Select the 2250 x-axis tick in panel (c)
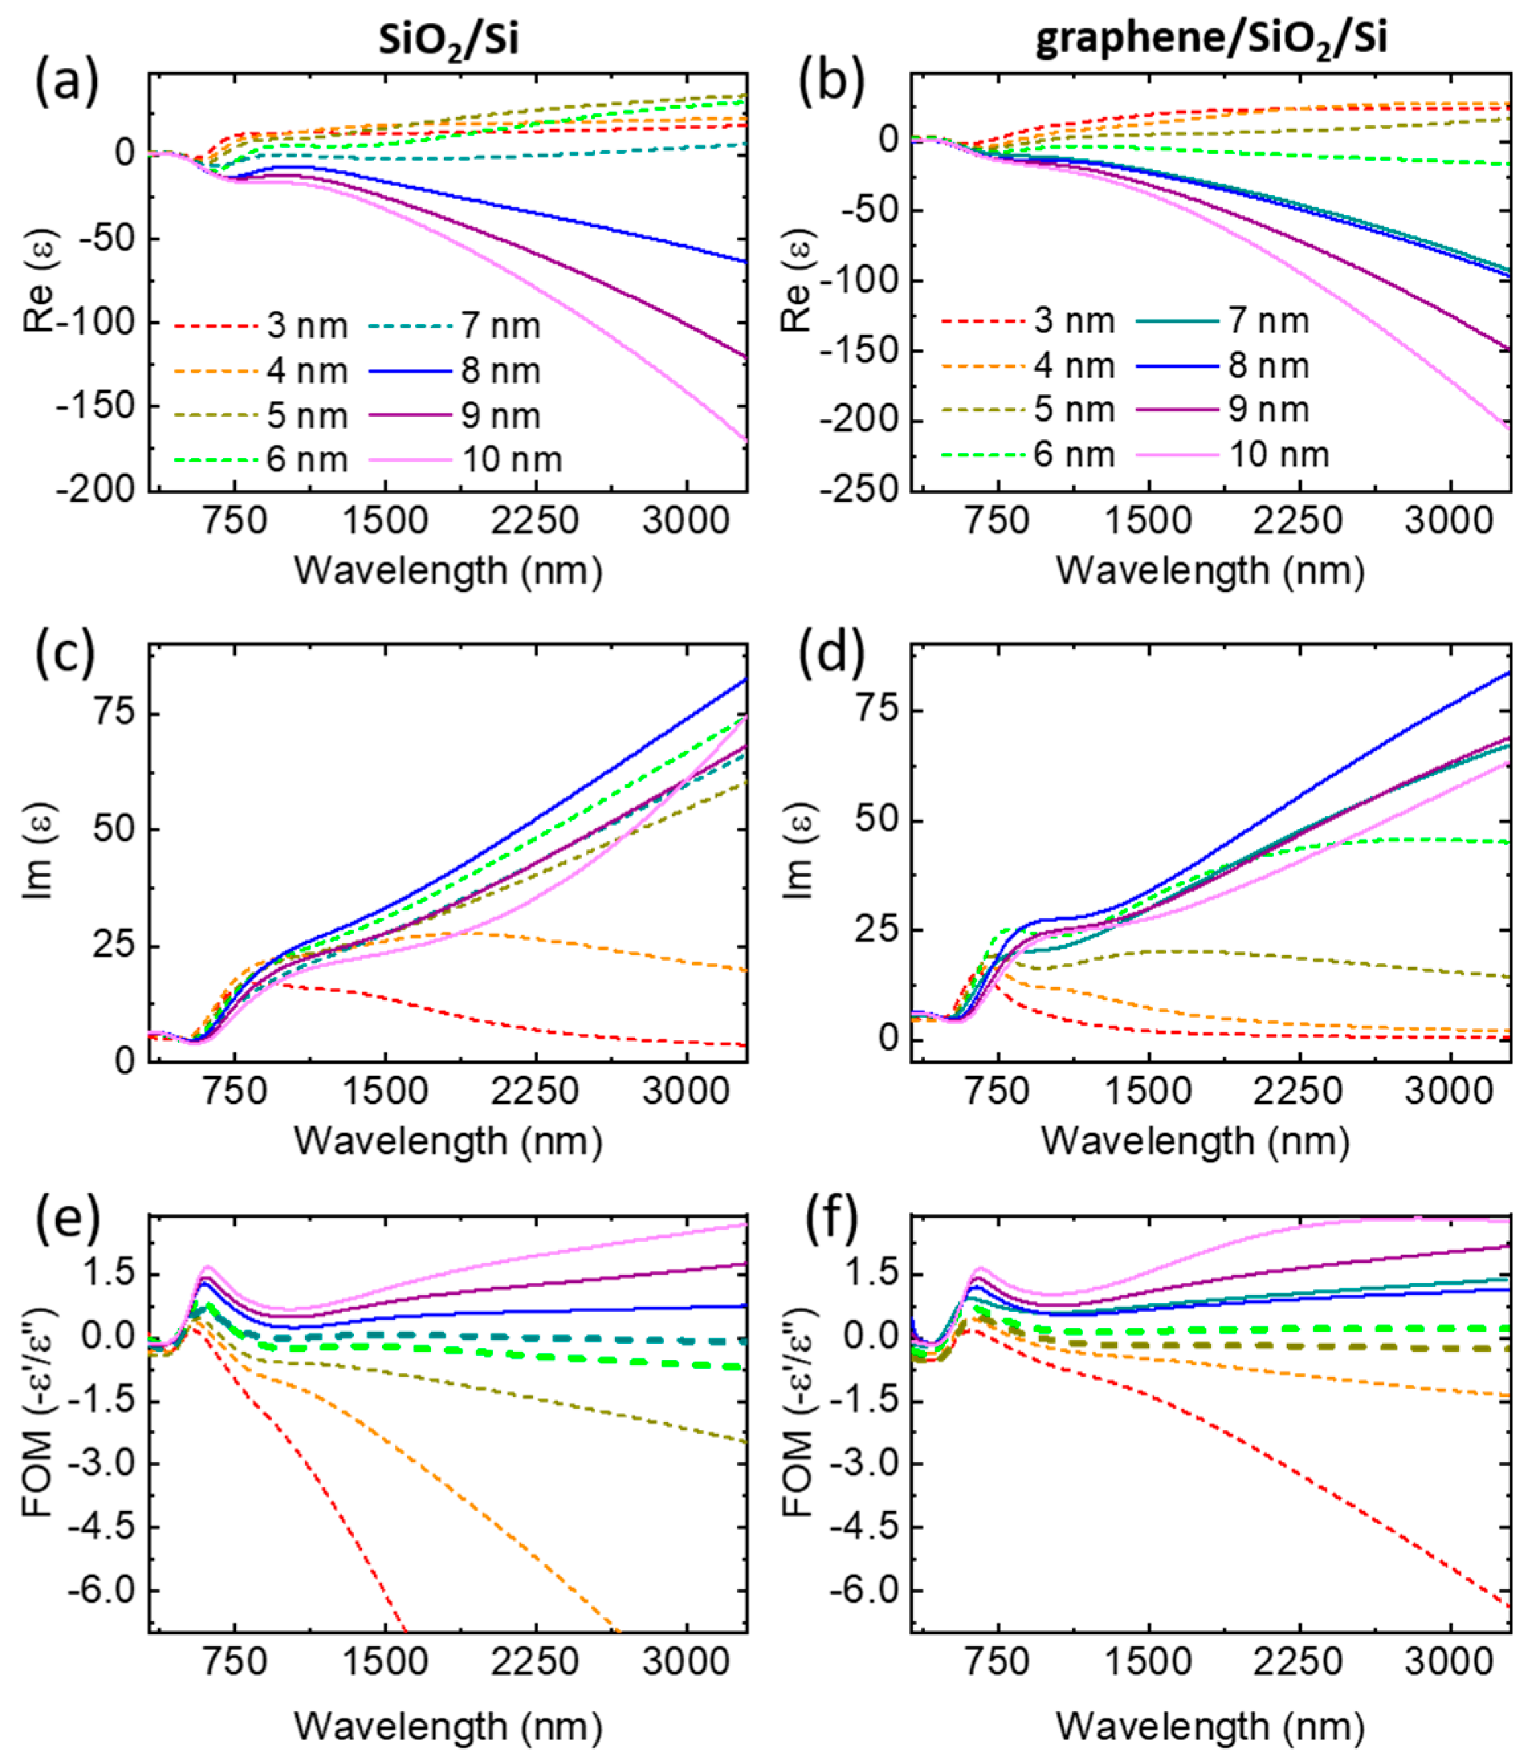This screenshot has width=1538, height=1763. pos(535,1091)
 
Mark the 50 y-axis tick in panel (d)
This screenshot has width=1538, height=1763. pos(876,820)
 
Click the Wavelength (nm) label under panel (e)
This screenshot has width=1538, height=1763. pos(448,1725)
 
